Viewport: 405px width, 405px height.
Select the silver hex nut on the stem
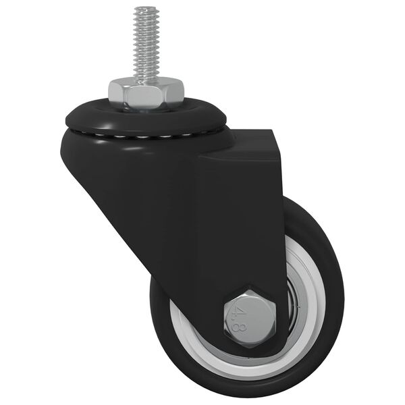(x=146, y=94)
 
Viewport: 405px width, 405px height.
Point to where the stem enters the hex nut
(x=146, y=79)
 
